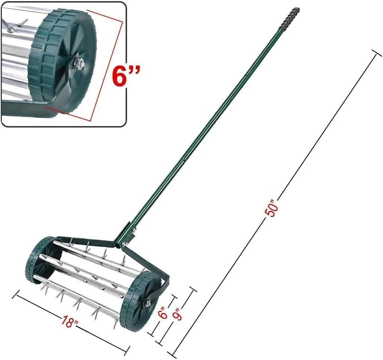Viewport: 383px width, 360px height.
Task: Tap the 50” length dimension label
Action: point(272,208)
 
